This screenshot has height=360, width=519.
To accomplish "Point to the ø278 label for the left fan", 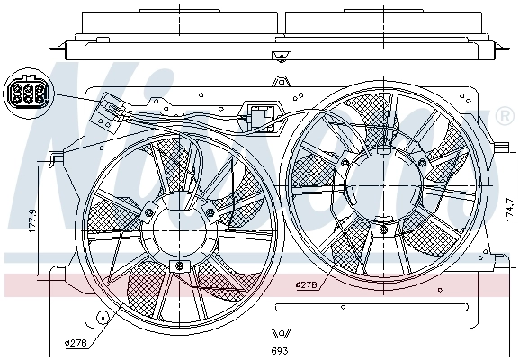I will [76, 341].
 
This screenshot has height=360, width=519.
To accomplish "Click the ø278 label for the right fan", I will [308, 286].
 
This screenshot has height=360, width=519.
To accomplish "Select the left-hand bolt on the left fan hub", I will [148, 212].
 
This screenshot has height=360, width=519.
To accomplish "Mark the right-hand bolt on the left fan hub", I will [210, 212].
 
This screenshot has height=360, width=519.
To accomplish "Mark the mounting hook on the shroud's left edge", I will [56, 159].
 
